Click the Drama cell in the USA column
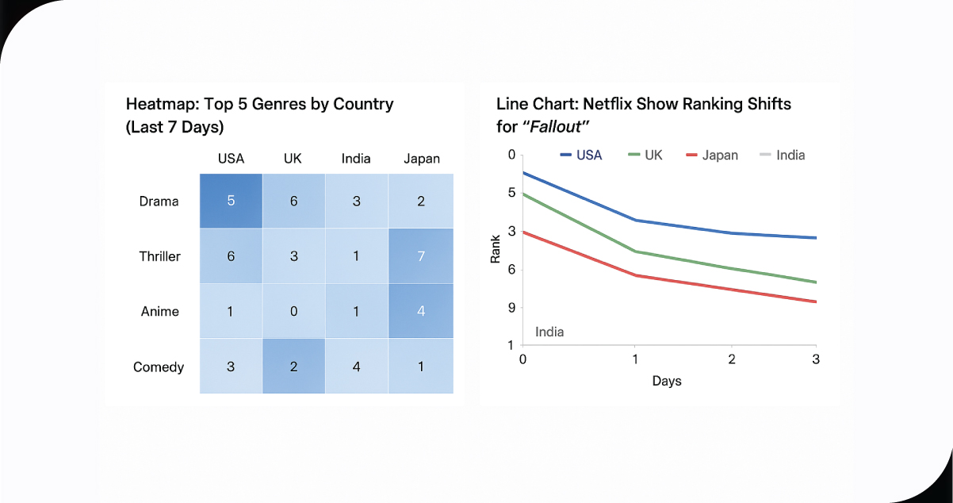click(231, 202)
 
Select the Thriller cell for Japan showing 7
click(421, 256)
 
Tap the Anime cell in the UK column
click(293, 311)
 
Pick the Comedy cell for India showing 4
click(356, 367)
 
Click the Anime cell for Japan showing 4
click(421, 311)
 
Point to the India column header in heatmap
click(356, 159)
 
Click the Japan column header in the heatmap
click(421, 159)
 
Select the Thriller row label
click(160, 256)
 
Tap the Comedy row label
click(159, 367)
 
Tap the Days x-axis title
click(667, 381)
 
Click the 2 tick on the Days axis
click(732, 359)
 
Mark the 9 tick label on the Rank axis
click(511, 308)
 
